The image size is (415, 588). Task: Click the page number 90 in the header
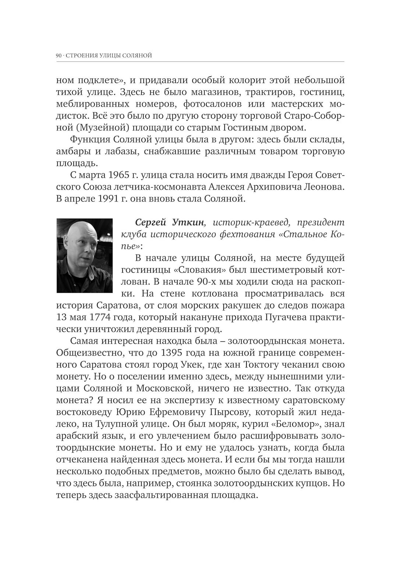pos(59,55)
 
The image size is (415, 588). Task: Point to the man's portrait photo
pos(84,255)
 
